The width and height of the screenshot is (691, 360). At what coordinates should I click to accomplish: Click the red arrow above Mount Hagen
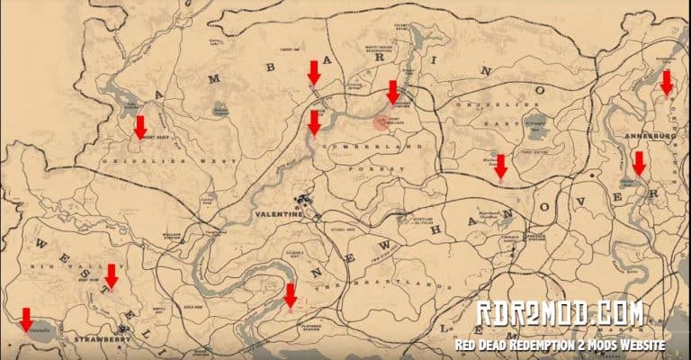click(139, 127)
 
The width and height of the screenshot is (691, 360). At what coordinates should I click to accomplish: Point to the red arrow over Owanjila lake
click(26, 319)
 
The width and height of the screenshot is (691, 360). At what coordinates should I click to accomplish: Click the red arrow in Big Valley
click(112, 275)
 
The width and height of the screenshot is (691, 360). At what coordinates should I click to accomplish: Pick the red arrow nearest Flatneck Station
click(290, 295)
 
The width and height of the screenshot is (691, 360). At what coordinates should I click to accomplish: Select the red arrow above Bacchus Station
click(392, 91)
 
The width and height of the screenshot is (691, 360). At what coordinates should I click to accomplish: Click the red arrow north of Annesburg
click(666, 83)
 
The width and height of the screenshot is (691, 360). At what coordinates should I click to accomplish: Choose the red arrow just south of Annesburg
click(639, 164)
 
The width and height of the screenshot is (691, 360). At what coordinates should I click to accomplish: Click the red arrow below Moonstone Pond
click(501, 166)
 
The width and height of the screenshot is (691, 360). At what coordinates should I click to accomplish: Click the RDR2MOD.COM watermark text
click(559, 314)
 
